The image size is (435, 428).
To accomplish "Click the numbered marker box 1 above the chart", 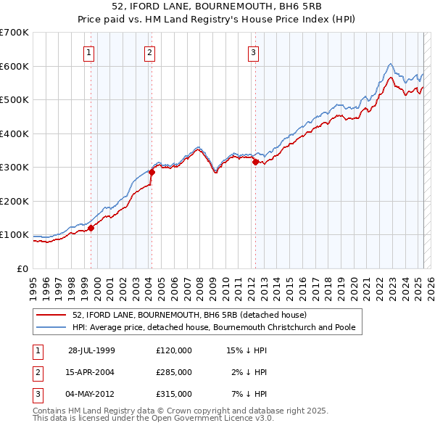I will click(x=88, y=52).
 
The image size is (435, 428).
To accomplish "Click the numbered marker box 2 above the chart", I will click(x=149, y=52).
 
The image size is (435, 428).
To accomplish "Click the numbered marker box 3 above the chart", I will click(x=253, y=52).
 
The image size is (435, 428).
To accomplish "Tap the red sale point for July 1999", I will click(x=91, y=228).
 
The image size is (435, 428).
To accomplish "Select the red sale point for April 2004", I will click(x=152, y=173).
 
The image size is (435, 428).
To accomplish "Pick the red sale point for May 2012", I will click(x=255, y=162).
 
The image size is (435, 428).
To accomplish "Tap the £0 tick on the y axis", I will click(x=22, y=268).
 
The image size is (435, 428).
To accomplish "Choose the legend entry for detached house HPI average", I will click(x=214, y=327).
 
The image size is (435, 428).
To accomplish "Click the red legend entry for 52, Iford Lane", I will click(x=190, y=315).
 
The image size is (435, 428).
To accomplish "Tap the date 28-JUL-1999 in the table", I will click(x=91, y=350).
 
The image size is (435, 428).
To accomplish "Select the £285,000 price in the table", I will click(x=174, y=372).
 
